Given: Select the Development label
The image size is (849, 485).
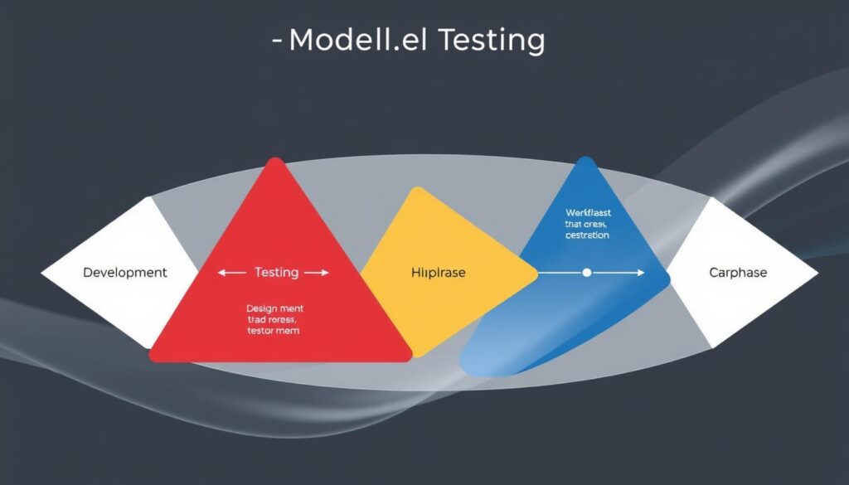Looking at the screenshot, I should (125, 273).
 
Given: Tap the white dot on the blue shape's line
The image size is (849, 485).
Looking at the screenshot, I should (587, 272).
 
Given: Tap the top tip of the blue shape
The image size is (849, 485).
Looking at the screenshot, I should (586, 159).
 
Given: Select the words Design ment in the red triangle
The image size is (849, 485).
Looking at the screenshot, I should (274, 309).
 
